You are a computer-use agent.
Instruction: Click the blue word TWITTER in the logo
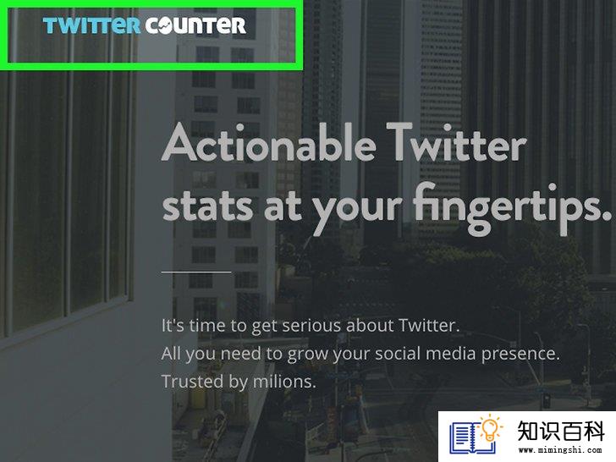click(91, 25)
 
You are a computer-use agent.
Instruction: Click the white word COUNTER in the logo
click(195, 25)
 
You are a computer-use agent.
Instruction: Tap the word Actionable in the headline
click(269, 142)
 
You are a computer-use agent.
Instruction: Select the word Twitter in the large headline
click(456, 142)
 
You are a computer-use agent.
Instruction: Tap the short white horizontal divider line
click(196, 272)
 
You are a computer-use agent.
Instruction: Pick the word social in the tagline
click(397, 353)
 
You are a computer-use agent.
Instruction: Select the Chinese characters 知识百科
click(561, 431)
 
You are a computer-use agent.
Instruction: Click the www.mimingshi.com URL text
click(560, 450)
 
